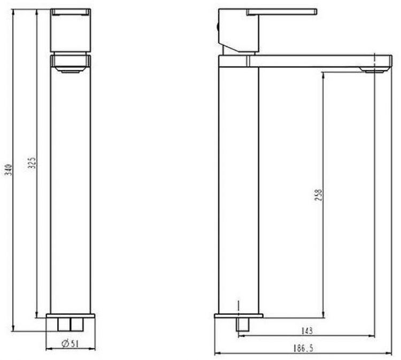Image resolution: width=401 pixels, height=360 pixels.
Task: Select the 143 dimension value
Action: (x=307, y=331)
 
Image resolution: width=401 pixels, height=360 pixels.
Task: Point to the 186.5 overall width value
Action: (x=303, y=348)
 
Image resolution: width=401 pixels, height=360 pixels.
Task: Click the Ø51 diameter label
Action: (x=71, y=343)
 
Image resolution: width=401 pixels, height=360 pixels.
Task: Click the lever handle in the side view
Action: (x=282, y=11)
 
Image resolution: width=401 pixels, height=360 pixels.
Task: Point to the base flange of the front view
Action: (x=71, y=317)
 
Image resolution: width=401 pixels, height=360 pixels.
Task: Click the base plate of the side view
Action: (x=239, y=316)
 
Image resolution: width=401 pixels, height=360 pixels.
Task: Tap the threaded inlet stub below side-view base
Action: (x=244, y=325)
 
